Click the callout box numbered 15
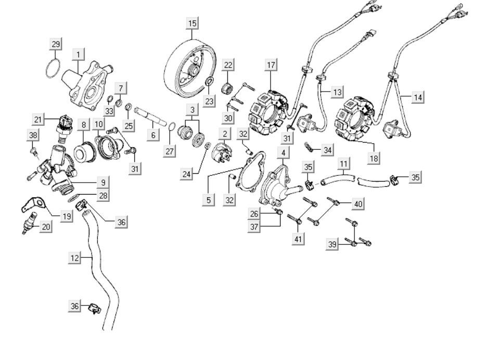[193, 23]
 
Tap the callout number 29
[56, 44]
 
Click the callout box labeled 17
[271, 65]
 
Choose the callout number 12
[75, 258]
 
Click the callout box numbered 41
[298, 239]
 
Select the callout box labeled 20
[46, 226]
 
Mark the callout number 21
[37, 119]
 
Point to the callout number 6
[153, 135]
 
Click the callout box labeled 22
[228, 65]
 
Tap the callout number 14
[418, 97]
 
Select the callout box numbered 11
[344, 164]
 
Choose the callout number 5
[208, 199]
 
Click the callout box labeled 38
[33, 136]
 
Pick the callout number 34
[327, 150]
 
